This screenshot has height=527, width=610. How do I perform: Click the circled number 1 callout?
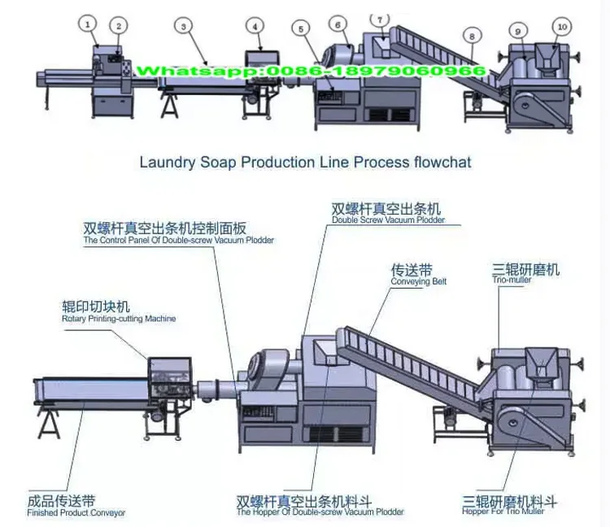pyautogui.click(x=88, y=24)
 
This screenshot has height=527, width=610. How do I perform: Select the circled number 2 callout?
pyautogui.click(x=119, y=26)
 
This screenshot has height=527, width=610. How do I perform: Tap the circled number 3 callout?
pyautogui.click(x=185, y=26)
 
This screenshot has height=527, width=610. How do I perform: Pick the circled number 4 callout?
pyautogui.click(x=256, y=26)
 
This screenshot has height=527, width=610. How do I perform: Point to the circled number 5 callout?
pyautogui.click(x=302, y=30)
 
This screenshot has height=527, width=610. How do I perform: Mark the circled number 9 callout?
pyautogui.click(x=518, y=30)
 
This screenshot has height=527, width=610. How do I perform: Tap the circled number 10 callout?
pyautogui.click(x=560, y=27)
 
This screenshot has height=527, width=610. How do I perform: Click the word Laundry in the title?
pyautogui.click(x=166, y=162)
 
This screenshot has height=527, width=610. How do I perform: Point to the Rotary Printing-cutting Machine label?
pyautogui.click(x=119, y=319)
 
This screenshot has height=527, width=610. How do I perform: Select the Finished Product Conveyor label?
pyautogui.click(x=76, y=513)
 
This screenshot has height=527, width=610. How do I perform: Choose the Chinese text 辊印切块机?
pyautogui.click(x=96, y=307)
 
